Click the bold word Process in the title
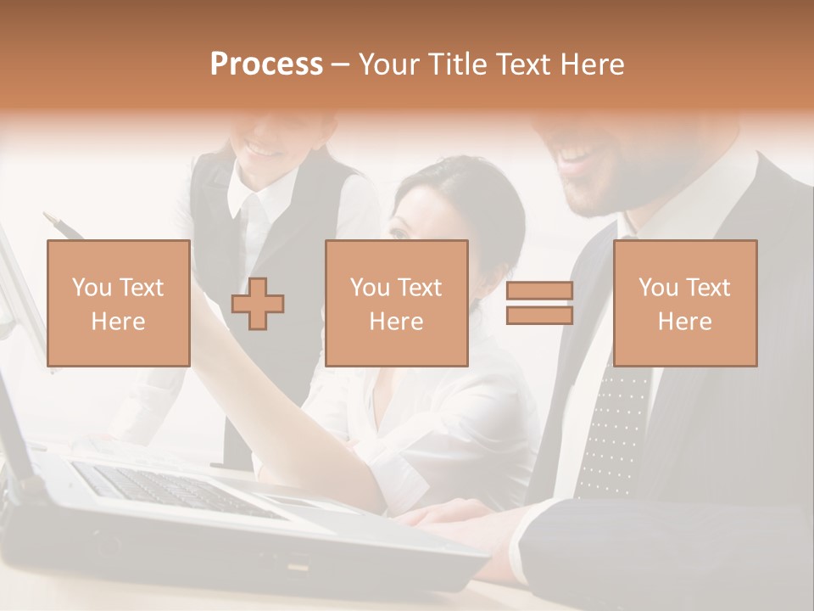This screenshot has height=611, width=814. point(266,64)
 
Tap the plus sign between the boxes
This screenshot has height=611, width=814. point(258,303)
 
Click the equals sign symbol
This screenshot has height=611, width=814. point(539,303)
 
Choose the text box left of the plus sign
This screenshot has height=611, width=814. point(118,303)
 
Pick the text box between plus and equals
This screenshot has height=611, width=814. point(396,303)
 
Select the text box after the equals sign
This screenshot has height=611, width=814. point(684,303)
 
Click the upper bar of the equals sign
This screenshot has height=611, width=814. point(539,291)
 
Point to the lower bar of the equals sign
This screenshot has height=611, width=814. point(539,316)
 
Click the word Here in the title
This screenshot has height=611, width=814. point(594,64)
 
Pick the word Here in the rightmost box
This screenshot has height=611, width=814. point(684,322)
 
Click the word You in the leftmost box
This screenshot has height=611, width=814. point(91,288)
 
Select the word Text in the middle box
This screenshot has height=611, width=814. point(420,288)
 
